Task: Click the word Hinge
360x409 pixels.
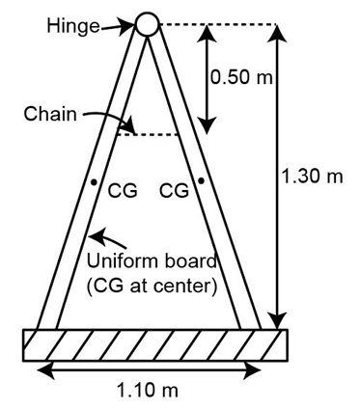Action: coord(73,26)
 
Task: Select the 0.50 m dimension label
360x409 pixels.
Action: coord(241,77)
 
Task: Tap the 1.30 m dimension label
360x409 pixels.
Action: coord(312,177)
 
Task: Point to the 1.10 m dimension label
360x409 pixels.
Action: coord(148,391)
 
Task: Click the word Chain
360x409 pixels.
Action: coord(50,114)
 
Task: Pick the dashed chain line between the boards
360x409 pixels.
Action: coord(148,134)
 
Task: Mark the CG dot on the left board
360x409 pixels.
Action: coord(94,182)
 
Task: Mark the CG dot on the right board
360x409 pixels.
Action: coord(201,181)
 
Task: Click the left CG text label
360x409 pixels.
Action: coord(123,191)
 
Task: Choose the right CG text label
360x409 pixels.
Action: coord(174,190)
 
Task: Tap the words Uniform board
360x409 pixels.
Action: coord(152,261)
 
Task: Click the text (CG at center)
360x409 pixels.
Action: coord(152,286)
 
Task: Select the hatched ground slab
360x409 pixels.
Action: coord(155,345)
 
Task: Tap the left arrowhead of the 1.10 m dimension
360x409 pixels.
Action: coord(46,370)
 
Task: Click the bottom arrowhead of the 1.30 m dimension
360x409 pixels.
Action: coord(278,320)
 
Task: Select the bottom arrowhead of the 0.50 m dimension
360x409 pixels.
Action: coord(207,125)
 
